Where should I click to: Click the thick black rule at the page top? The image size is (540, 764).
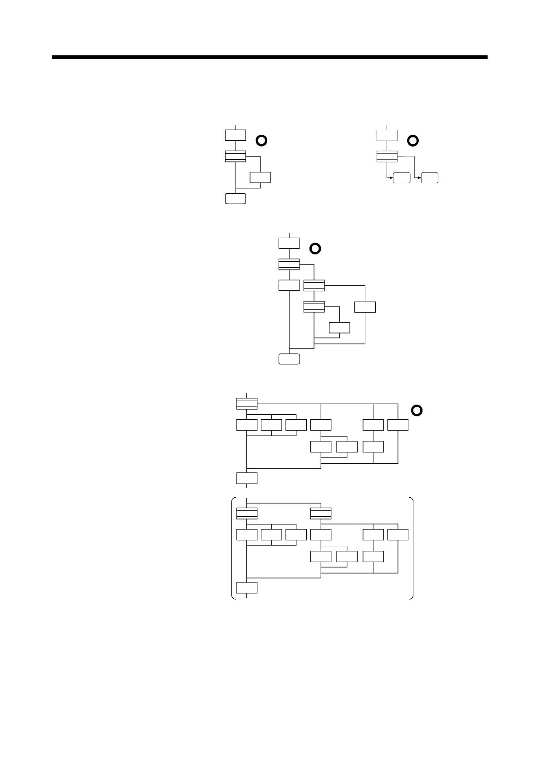click(270, 58)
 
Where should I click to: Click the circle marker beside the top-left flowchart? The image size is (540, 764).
click(261, 140)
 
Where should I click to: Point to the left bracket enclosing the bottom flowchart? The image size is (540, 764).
click(233, 548)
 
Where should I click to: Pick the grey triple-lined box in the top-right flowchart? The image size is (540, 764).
click(387, 157)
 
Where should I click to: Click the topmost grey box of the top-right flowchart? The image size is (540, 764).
click(387, 135)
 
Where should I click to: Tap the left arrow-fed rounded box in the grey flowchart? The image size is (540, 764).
click(402, 178)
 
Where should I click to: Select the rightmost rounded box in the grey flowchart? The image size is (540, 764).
click(429, 178)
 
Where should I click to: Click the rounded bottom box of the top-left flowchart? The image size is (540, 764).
click(236, 199)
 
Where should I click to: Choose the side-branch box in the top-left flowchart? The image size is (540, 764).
click(260, 177)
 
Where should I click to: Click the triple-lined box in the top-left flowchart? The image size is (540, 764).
click(236, 156)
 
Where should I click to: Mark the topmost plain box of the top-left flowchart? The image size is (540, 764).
click(236, 135)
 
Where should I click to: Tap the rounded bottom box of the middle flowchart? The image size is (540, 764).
click(289, 359)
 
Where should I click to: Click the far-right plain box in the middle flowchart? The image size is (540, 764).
click(365, 307)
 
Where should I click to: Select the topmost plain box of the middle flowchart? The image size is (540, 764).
click(289, 243)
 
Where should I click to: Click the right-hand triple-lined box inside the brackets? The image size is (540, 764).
click(321, 514)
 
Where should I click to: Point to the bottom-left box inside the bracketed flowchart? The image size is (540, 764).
click(247, 588)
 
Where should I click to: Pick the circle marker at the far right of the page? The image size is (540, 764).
click(417, 411)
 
